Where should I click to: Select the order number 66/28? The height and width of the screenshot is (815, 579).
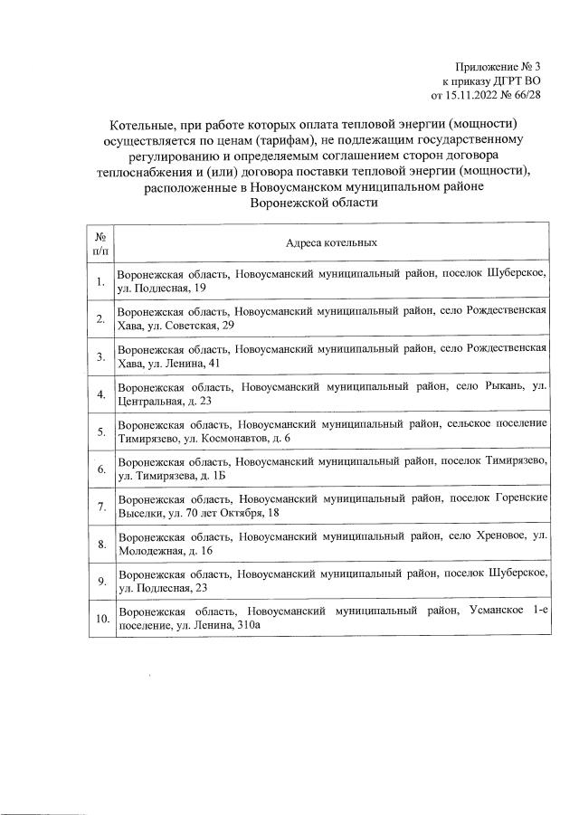[527, 93]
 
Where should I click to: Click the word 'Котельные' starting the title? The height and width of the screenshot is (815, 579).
[146, 122]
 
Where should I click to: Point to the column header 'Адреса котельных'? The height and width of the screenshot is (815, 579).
[331, 243]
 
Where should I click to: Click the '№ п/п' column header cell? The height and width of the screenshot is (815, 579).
[101, 243]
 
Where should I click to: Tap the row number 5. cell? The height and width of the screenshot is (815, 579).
[101, 431]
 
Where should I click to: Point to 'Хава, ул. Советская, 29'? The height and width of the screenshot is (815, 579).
[176, 326]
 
